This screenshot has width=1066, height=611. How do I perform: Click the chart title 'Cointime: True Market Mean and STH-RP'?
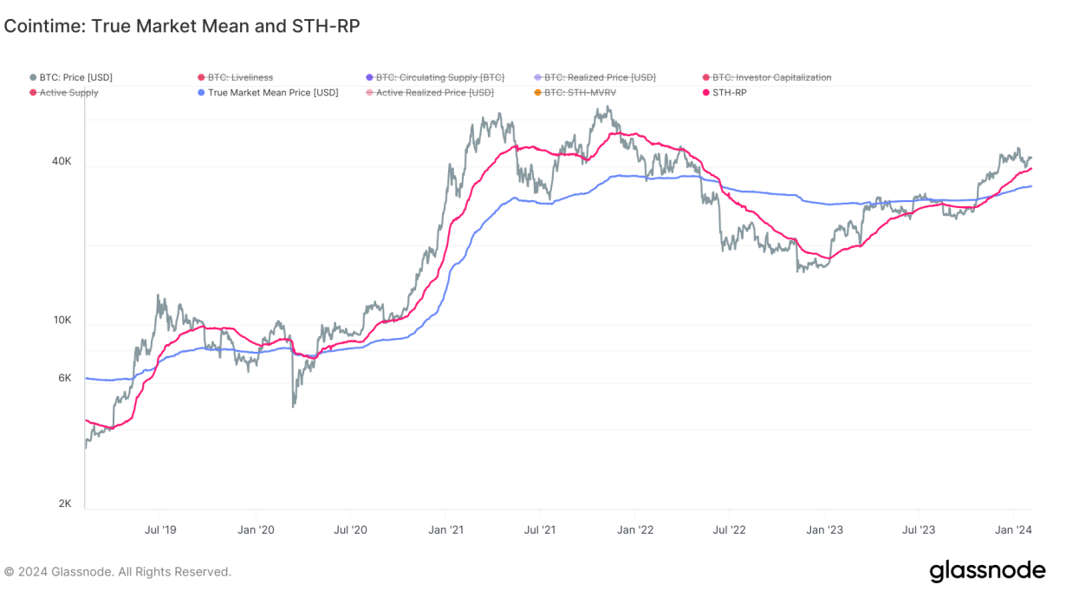pyautogui.click(x=181, y=26)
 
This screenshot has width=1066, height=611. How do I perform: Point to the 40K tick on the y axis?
pyautogui.click(x=62, y=161)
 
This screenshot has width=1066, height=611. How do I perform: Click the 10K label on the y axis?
pyautogui.click(x=62, y=320)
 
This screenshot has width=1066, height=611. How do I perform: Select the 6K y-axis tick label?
pyautogui.click(x=64, y=378)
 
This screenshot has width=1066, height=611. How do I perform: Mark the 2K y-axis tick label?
pyautogui.click(x=64, y=504)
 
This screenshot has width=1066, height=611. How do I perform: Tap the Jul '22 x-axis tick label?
pyautogui.click(x=730, y=529)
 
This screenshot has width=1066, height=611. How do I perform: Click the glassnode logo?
pyautogui.click(x=987, y=572)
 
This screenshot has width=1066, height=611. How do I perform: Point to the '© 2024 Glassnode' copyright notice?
pyautogui.click(x=118, y=572)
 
